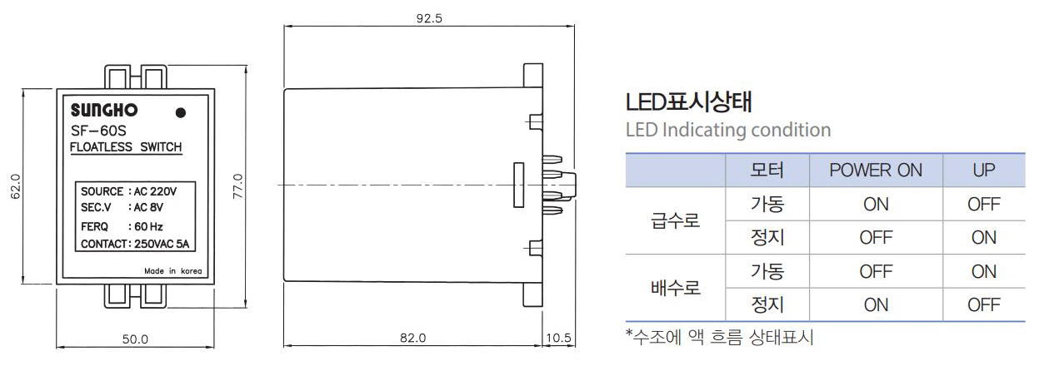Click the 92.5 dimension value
tap(429, 18)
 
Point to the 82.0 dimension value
tap(413, 338)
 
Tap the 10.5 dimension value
tap(558, 338)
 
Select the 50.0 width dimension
tap(135, 339)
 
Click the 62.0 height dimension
tap(15, 186)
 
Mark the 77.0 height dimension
tap(237, 186)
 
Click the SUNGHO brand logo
tap(104, 111)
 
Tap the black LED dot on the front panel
tap(181, 112)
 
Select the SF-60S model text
tap(98, 131)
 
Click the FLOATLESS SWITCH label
tap(126, 147)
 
